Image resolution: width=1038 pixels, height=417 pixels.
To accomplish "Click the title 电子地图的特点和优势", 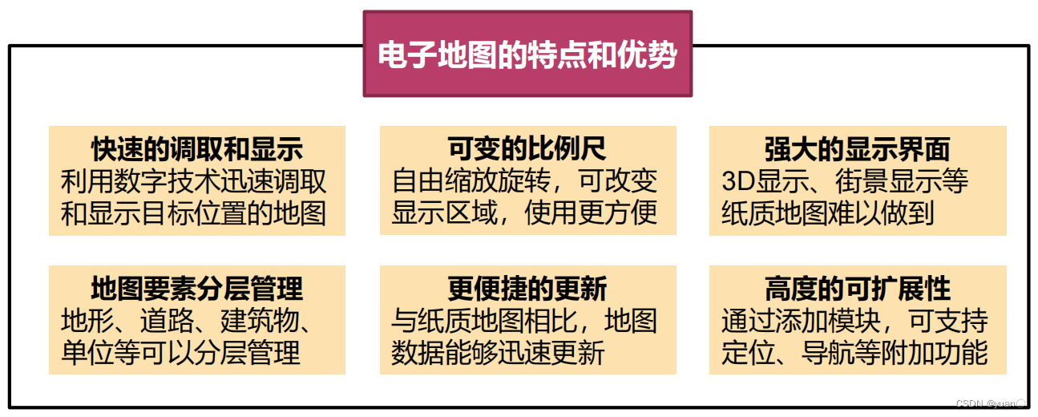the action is tap(527, 55).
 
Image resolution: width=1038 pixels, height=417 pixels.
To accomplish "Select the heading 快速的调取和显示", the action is tap(196, 148).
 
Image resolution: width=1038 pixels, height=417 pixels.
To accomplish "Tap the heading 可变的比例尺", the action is tap(527, 148).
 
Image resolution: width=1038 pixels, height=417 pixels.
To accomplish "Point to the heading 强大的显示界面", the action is tap(857, 148).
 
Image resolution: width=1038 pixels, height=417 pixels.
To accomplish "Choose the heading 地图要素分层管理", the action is tap(196, 288).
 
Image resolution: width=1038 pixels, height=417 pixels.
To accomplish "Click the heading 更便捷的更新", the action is tap(527, 288).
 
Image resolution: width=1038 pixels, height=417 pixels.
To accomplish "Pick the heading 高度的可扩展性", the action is tap(857, 288).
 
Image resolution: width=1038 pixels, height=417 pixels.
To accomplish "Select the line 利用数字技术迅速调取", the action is tap(194, 181).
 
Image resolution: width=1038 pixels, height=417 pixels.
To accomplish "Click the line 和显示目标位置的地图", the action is tap(194, 213).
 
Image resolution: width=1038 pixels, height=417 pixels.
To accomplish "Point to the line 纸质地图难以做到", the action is tap(828, 213).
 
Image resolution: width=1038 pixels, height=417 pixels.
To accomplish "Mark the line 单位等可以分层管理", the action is tap(181, 353).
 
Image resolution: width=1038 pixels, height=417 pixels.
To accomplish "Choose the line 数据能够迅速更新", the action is tap(498, 353).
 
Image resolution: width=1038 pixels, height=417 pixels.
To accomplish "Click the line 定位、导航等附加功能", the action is tap(854, 353).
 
